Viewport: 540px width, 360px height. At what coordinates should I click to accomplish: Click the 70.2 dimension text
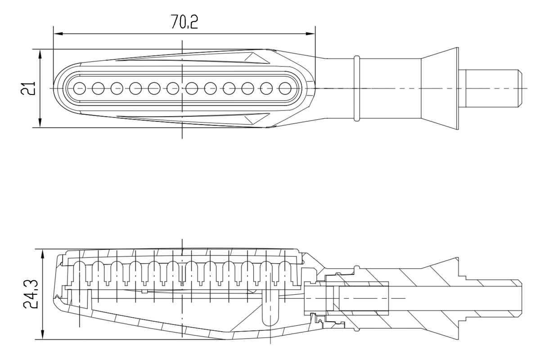[184, 22]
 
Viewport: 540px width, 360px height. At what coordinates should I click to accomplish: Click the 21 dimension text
[28, 88]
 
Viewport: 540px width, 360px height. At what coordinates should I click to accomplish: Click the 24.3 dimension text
[31, 294]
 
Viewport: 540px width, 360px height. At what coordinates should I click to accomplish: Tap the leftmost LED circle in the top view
[80, 88]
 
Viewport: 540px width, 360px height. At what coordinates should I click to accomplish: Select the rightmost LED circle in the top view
[285, 88]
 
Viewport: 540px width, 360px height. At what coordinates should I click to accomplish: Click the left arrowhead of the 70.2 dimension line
[58, 34]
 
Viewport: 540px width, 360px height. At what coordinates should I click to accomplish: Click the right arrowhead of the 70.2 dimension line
[310, 34]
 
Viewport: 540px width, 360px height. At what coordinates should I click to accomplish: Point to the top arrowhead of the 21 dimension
[40, 54]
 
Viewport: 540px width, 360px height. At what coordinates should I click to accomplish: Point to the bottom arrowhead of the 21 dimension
[40, 122]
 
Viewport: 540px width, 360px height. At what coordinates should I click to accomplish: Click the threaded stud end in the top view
[490, 88]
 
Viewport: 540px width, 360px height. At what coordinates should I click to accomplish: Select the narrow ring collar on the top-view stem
[357, 88]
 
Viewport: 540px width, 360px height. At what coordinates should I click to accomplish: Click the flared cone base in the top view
[440, 88]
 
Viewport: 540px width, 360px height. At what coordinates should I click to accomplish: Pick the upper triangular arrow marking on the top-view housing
[257, 58]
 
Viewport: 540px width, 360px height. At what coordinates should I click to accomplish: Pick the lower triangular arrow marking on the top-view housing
[257, 119]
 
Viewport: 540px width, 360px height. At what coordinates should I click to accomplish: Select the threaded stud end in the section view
[490, 298]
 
